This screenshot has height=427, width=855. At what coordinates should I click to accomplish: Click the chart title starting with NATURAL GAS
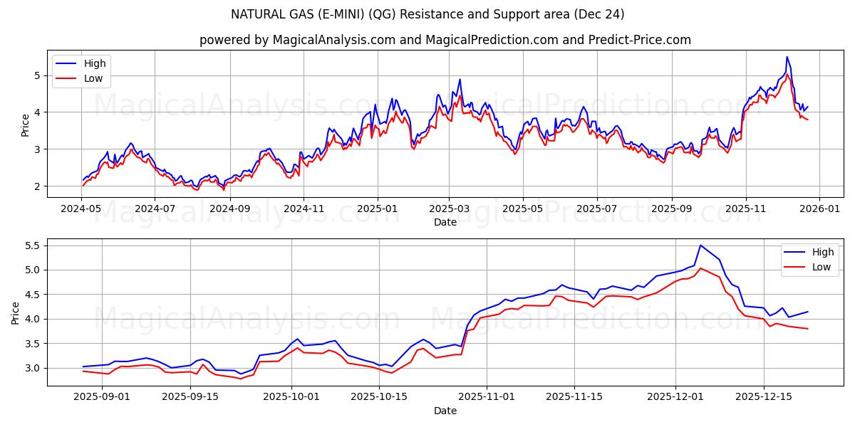pyautogui.click(x=427, y=14)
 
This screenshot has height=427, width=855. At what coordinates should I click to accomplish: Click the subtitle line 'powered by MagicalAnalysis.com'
pyautogui.click(x=445, y=40)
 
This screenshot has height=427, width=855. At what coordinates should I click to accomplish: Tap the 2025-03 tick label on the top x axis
pyautogui.click(x=448, y=209)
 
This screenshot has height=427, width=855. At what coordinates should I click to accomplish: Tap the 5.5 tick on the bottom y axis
pyautogui.click(x=33, y=246)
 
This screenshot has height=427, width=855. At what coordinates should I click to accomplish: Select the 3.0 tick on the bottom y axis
pyautogui.click(x=33, y=368)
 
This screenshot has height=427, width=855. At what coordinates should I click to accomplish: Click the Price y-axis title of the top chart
pyautogui.click(x=26, y=125)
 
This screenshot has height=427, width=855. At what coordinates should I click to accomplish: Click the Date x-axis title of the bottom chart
pyautogui.click(x=445, y=411)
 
